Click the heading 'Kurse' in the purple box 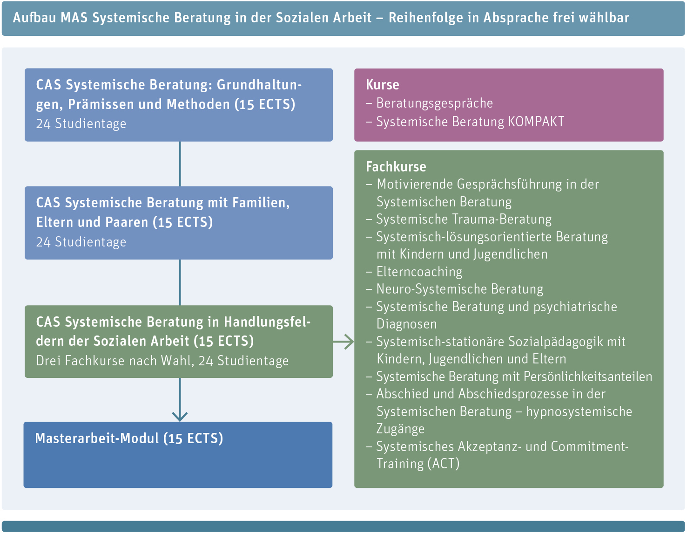(x=382, y=85)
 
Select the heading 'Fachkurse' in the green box (x=396, y=167)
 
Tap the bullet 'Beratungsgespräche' (x=434, y=103)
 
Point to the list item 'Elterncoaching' (x=419, y=272)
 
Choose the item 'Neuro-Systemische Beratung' (x=460, y=289)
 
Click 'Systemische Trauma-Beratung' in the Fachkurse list (x=464, y=219)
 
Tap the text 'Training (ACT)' (x=418, y=464)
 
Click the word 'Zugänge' (x=400, y=429)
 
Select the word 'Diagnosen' (x=407, y=324)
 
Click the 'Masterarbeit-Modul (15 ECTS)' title (x=129, y=438)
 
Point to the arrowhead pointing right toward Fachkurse (x=350, y=342)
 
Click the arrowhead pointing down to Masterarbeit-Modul (x=180, y=417)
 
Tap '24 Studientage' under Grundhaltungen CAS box (x=81, y=123)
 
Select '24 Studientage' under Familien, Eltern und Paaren (x=81, y=242)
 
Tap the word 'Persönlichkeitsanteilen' (x=588, y=377)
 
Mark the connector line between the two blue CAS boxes (x=180, y=164)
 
